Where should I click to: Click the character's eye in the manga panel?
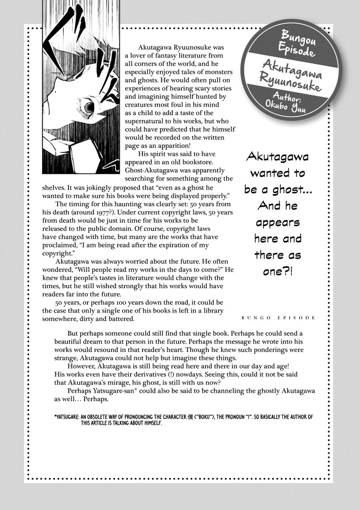(89, 107)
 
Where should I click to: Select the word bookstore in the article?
(196, 162)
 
